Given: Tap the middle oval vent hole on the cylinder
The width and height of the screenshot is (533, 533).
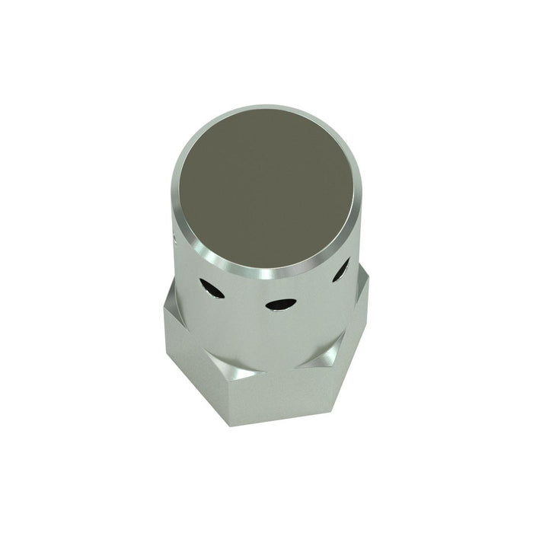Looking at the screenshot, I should point(279,304).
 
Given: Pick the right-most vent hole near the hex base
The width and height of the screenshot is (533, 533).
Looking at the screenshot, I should point(341,269).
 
